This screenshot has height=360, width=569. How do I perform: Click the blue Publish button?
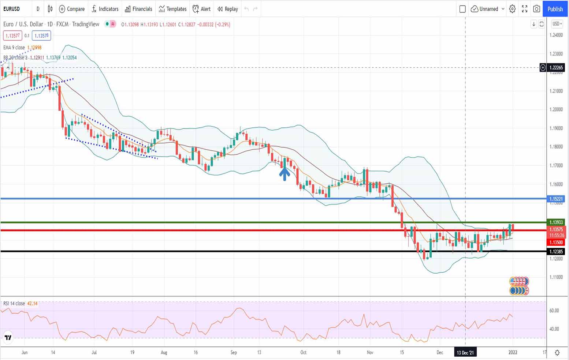click(555, 9)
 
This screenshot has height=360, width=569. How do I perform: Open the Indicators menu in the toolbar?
click(105, 9)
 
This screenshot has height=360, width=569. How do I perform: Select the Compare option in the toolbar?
click(72, 9)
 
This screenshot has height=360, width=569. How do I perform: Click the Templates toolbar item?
click(172, 9)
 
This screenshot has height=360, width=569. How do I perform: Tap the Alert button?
click(202, 9)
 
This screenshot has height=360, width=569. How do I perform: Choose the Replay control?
click(227, 9)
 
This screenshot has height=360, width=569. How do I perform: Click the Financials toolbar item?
click(138, 9)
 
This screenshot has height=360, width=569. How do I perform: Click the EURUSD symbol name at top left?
click(12, 9)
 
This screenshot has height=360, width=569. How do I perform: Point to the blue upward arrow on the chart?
click(284, 174)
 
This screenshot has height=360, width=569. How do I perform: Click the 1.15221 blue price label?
click(556, 199)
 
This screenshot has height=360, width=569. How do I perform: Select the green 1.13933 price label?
click(556, 222)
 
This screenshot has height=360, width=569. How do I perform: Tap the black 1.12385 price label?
click(556, 251)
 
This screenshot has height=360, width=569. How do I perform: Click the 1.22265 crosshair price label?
click(556, 68)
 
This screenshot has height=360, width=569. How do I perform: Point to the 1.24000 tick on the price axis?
click(556, 35)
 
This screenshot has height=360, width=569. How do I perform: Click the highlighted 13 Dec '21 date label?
click(465, 353)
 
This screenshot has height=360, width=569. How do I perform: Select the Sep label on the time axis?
click(234, 353)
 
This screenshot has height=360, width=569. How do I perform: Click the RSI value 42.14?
click(32, 303)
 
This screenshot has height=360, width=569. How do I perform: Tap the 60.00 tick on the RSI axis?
click(554, 311)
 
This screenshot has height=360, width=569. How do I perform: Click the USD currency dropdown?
click(556, 24)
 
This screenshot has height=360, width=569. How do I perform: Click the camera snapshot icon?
click(536, 9)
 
